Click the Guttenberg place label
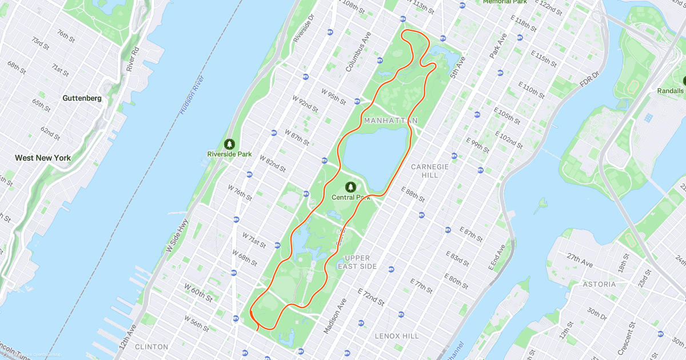[82, 98]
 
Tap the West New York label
[43, 158]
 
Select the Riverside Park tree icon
[229, 143]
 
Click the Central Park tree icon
[350, 187]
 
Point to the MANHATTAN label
[390, 121]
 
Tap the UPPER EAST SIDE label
[357, 262]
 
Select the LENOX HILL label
[396, 336]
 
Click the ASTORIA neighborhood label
[599, 284]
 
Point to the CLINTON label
[151, 346]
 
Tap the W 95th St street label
[334, 97]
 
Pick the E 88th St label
[413, 195]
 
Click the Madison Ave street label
[336, 316]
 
